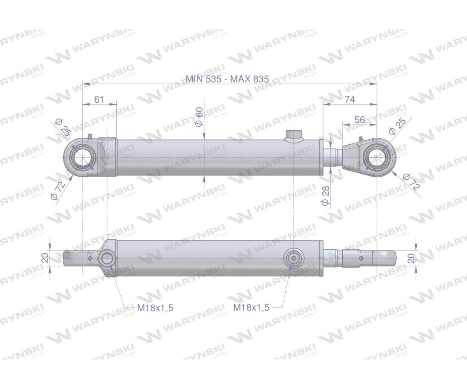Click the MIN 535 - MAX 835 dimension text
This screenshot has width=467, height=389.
tap(227, 79)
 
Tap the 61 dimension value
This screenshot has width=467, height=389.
tap(99, 99)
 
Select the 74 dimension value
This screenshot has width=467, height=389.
tap(350, 99)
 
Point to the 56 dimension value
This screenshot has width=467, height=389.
tap(360, 120)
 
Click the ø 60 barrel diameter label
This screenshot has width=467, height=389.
tap(199, 117)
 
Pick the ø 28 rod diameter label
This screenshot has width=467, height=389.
tap(326, 195)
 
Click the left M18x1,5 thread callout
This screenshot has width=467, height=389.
tap(155, 308)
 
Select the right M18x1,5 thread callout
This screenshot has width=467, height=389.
tap(251, 307)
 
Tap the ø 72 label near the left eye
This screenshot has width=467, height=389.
tap(58, 191)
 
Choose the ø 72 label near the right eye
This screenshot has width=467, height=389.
tap(411, 181)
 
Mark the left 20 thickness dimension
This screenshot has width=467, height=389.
tap(45, 258)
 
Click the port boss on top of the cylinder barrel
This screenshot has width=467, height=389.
tap(293, 135)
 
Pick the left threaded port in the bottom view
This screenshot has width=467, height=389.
tap(107, 258)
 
